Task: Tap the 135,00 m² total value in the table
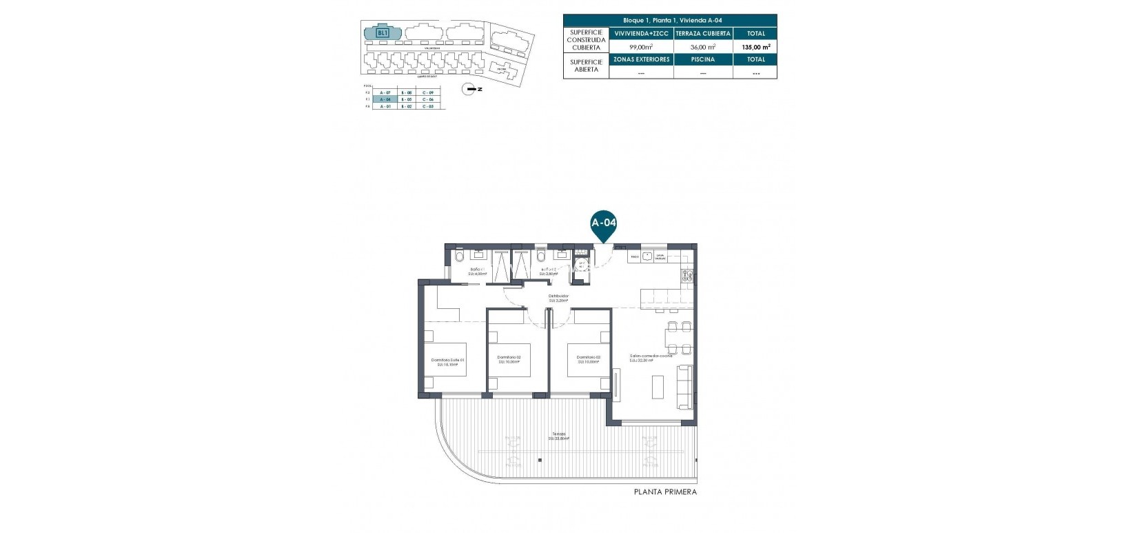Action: pos(755,47)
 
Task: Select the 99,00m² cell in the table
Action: pos(641,47)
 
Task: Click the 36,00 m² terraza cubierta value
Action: pos(703,47)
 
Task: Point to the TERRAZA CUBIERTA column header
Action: pos(703,33)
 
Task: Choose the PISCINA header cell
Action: pos(703,59)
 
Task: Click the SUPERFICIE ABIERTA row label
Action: pos(586,66)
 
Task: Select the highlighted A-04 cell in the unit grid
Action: pos(385,99)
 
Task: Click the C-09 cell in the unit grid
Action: pos(429,92)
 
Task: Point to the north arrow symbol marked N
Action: pos(470,89)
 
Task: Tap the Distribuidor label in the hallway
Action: pos(558,298)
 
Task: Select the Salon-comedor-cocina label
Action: pos(651,357)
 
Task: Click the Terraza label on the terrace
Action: pos(559,436)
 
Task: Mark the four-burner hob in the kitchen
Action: pos(686,276)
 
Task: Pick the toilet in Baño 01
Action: pos(460,257)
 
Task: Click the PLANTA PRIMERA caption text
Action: pos(665,492)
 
